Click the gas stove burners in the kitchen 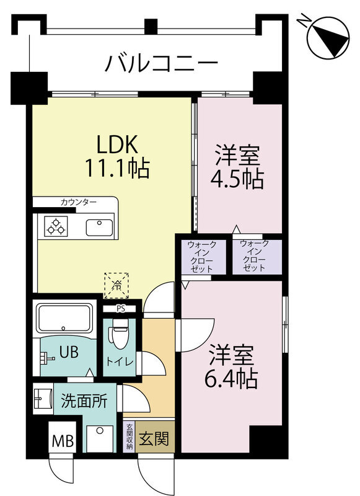(x=55, y=227)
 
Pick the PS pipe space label (x=121, y=308)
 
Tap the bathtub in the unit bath (x=64, y=318)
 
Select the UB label (x=68, y=352)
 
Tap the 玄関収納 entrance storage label (x=130, y=436)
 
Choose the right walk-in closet (x=255, y=255)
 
